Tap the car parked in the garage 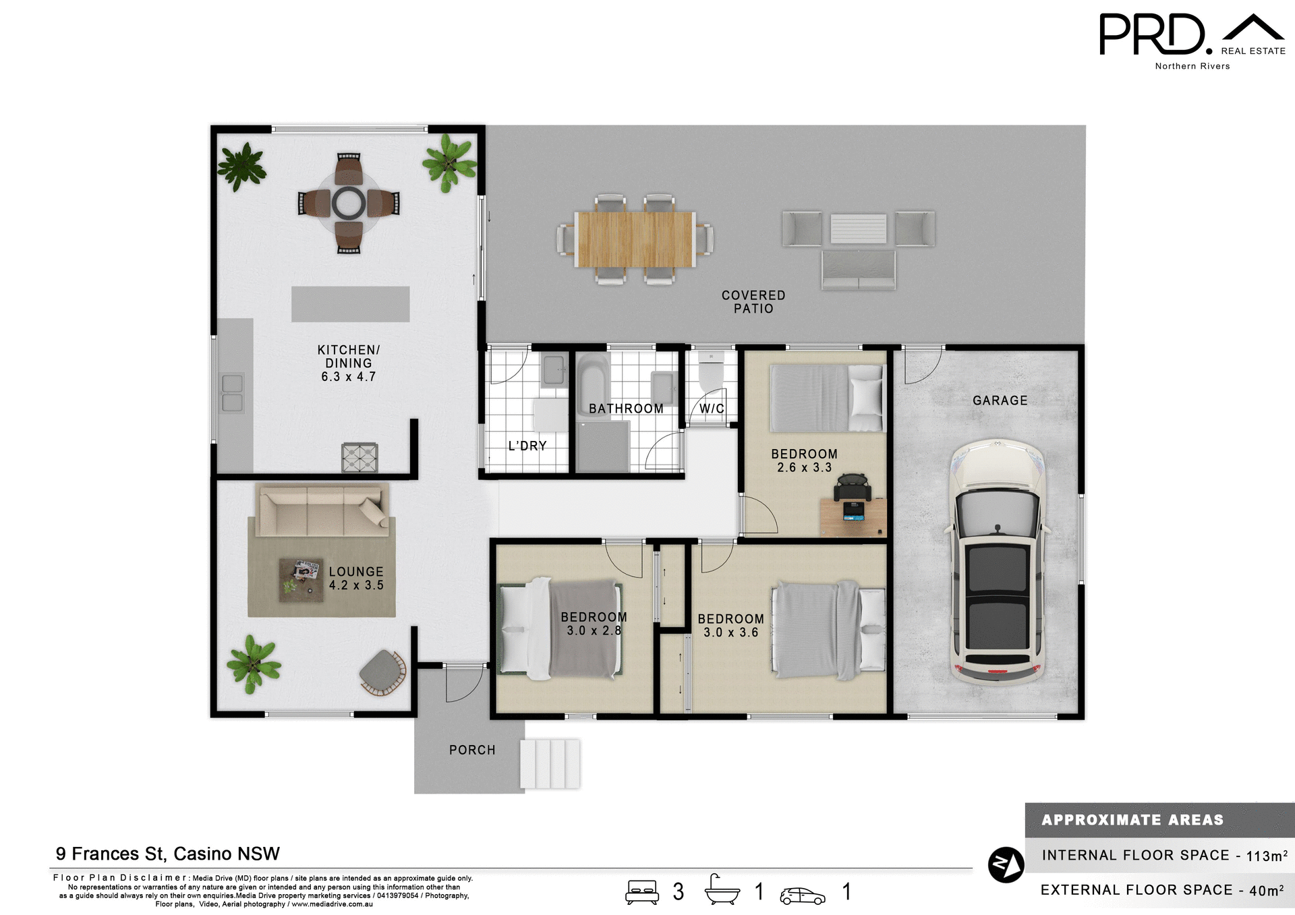tap(997, 563)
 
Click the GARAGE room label tap(1000, 401)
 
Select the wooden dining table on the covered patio tap(634, 239)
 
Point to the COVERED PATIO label tap(753, 302)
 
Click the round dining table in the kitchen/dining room tap(349, 203)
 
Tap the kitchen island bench tap(350, 304)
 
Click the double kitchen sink tap(232, 393)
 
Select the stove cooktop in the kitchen tap(359, 458)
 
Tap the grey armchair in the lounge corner tap(382, 671)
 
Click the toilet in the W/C tap(711, 372)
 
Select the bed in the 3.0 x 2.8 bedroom tap(560, 628)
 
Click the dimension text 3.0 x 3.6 tap(731, 632)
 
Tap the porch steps tap(550, 764)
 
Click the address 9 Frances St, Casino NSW tap(167, 854)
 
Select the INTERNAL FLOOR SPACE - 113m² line tap(1163, 855)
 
